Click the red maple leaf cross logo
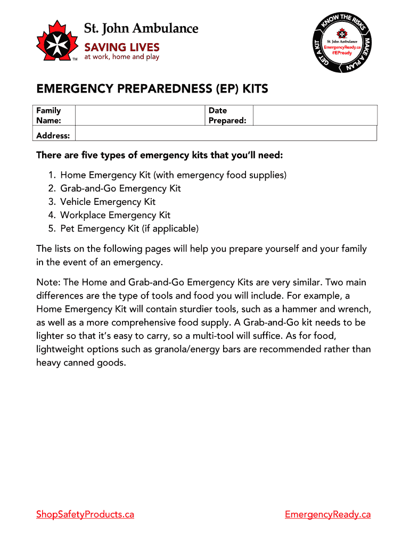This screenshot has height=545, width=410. [x=56, y=40]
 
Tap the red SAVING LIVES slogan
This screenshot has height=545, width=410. [x=122, y=47]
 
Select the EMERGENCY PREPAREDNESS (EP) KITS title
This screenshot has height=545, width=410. [x=152, y=89]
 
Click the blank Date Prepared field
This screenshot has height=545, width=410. [x=315, y=115]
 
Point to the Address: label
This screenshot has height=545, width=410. [x=53, y=136]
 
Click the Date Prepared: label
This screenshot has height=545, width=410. [x=227, y=115]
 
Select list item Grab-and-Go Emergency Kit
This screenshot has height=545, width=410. [x=120, y=188]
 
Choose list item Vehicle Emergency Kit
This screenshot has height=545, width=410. [x=108, y=202]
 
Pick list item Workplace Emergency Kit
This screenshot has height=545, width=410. [x=116, y=215]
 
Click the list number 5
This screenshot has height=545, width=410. [x=51, y=229]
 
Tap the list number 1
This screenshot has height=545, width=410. [x=51, y=175]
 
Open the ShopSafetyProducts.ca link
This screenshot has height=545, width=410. [x=85, y=514]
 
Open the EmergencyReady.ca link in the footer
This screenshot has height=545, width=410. [x=327, y=514]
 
